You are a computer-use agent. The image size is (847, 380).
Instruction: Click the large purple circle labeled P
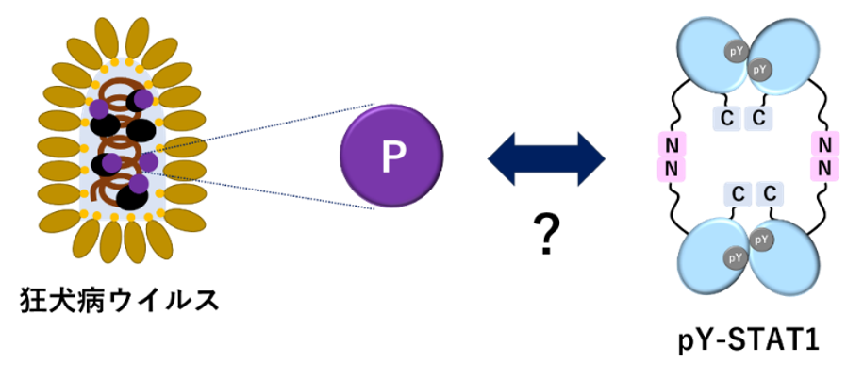click(390, 157)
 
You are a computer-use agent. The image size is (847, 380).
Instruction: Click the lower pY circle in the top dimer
click(759, 69)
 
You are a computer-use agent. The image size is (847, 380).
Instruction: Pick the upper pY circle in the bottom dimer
click(760, 240)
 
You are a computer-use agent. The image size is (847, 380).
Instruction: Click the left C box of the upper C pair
click(727, 118)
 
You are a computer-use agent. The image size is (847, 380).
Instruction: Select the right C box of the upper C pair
click(758, 118)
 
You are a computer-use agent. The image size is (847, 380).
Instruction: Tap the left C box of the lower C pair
click(739, 194)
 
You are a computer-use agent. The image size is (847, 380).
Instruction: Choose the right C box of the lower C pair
click(770, 194)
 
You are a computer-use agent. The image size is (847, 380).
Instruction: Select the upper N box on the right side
click(824, 144)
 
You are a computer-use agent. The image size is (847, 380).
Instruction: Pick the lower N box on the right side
click(824, 169)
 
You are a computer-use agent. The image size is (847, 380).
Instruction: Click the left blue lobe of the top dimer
click(707, 57)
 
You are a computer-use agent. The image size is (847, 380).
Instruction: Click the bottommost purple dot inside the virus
click(139, 184)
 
